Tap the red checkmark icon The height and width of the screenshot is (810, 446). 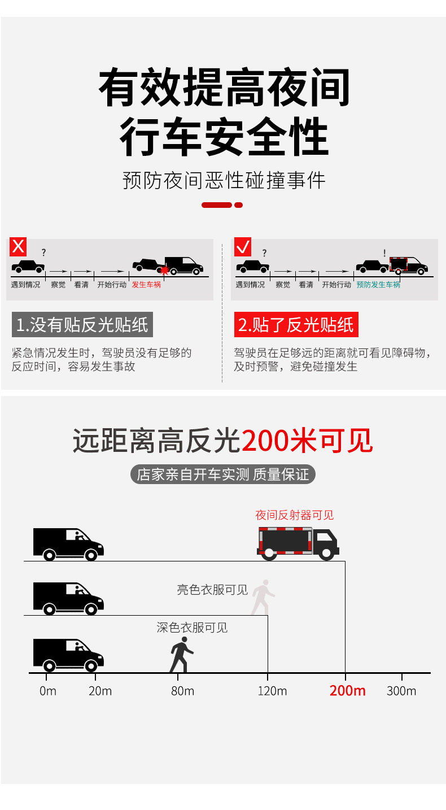(243, 247)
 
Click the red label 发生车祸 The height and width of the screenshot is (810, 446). (146, 285)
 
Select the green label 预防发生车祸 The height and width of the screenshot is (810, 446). (378, 285)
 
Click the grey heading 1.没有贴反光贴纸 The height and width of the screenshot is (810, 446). (82, 325)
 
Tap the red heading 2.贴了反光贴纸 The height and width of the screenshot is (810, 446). (296, 325)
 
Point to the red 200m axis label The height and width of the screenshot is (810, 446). (347, 690)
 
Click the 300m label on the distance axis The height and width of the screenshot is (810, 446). (401, 691)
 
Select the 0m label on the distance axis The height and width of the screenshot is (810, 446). (48, 691)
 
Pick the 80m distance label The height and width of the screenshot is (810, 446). (182, 691)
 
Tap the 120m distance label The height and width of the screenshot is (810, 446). (272, 691)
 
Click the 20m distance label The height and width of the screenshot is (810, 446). (100, 691)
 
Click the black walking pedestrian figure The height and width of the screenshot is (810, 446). (181, 655)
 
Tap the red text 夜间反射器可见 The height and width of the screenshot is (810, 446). (294, 515)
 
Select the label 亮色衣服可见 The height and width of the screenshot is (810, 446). (212, 590)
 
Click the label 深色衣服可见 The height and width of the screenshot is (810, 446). (192, 628)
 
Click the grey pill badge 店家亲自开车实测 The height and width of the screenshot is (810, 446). (223, 474)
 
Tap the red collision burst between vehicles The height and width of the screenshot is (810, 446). (164, 270)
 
